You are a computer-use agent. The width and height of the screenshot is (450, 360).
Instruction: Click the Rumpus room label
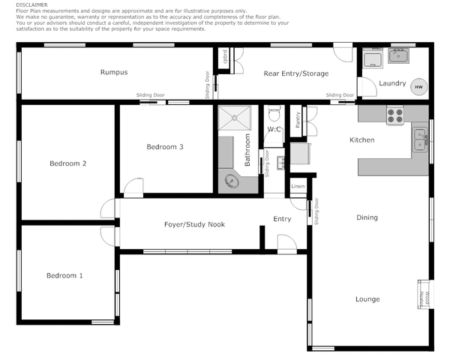coord(114,73)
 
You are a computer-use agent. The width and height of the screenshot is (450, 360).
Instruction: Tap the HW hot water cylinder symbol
coord(418,87)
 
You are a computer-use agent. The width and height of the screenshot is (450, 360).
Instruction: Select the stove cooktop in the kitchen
coord(394,116)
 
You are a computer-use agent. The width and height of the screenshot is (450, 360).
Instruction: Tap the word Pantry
coord(298,120)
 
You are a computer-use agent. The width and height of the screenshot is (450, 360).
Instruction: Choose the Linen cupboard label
coord(298,186)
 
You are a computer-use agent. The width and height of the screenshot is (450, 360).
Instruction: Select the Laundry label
coord(392,82)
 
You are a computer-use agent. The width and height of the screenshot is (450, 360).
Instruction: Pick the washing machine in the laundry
coord(371,59)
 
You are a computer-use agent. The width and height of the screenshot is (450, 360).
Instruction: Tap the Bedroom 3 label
coord(165,147)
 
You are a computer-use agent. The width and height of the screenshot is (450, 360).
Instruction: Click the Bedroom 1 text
coord(64,276)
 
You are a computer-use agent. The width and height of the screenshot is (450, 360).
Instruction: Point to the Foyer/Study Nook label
coord(194,224)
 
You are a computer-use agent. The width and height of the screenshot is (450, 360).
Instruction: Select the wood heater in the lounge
coord(421,294)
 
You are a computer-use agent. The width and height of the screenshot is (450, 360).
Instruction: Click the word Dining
coord(367,218)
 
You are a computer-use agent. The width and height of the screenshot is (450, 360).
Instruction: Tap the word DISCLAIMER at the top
coord(31,4)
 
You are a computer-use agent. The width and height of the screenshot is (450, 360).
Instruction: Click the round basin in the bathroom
coord(229,181)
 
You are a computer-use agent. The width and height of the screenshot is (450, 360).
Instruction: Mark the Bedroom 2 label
coord(67,163)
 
